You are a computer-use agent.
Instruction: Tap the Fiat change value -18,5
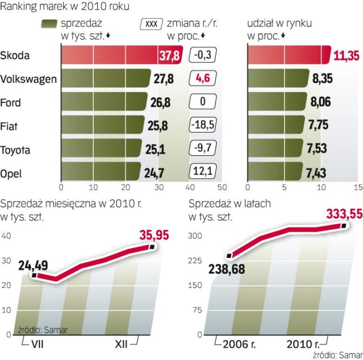pyautogui.click(x=202, y=126)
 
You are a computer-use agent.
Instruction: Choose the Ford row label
pyautogui.click(x=11, y=103)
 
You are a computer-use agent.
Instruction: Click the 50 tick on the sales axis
pyautogui.click(x=223, y=187)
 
